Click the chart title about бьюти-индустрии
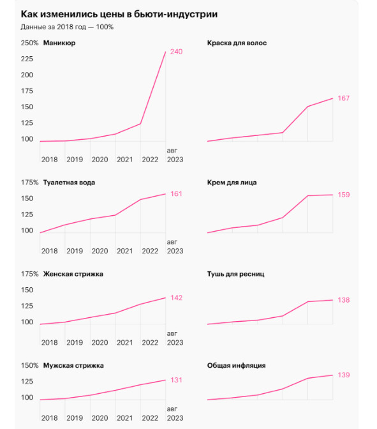click(x=119, y=14)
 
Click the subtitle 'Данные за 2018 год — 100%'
click(x=67, y=27)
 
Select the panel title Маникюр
click(x=59, y=43)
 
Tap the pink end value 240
click(x=176, y=52)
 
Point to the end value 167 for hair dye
click(x=343, y=98)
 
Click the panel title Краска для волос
click(x=237, y=43)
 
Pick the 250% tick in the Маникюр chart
click(x=29, y=43)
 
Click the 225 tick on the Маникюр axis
click(x=27, y=59)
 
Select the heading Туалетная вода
click(x=69, y=183)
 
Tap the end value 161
click(x=176, y=194)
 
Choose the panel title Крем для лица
click(x=232, y=183)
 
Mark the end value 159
click(x=344, y=195)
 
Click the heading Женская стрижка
click(x=73, y=274)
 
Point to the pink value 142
click(x=176, y=298)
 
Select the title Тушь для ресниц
click(x=235, y=274)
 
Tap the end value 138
click(x=344, y=300)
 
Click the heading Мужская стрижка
click(x=73, y=366)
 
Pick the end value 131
click(x=176, y=380)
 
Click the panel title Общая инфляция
click(x=236, y=366)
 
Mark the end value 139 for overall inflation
click(x=344, y=375)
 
